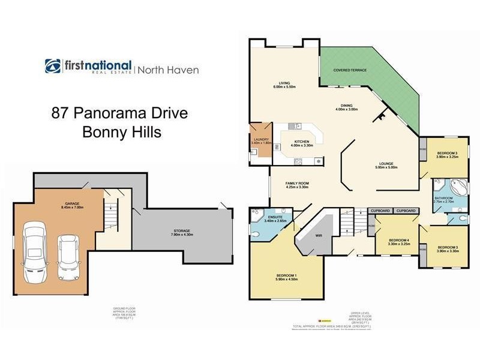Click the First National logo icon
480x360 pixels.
tap(53, 66)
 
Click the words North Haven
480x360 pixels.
tap(169, 70)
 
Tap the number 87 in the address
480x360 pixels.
tap(59, 113)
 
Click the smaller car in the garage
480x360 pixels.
tap(67, 257)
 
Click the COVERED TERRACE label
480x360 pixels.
tap(350, 70)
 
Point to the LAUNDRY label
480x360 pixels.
tap(262, 139)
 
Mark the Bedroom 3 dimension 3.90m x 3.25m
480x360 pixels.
tap(447, 157)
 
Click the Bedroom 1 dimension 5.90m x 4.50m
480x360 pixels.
tap(286, 279)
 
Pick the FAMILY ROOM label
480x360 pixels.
tap(296, 183)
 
